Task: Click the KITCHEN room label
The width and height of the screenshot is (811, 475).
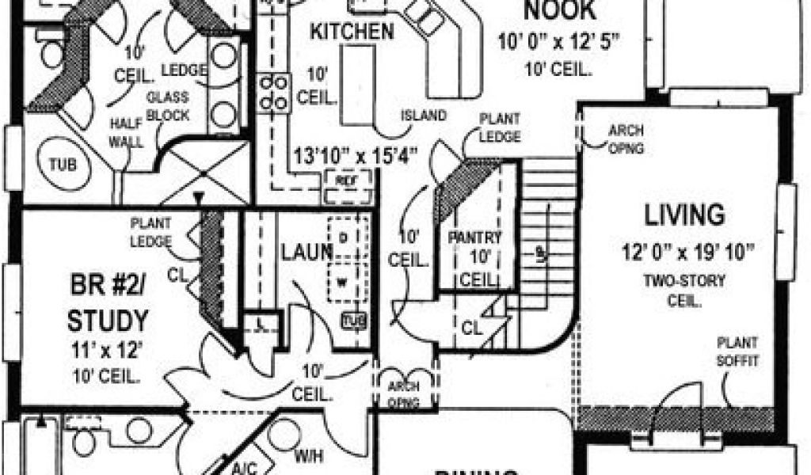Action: coord(351,32)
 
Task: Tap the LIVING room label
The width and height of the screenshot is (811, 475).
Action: coord(683,215)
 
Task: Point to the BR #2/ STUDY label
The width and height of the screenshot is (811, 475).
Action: coord(107,302)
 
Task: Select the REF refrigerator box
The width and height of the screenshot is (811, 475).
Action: coord(343,180)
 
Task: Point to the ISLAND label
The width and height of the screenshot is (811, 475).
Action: coord(423,116)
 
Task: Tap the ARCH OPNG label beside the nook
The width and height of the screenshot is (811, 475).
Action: coord(626,139)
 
